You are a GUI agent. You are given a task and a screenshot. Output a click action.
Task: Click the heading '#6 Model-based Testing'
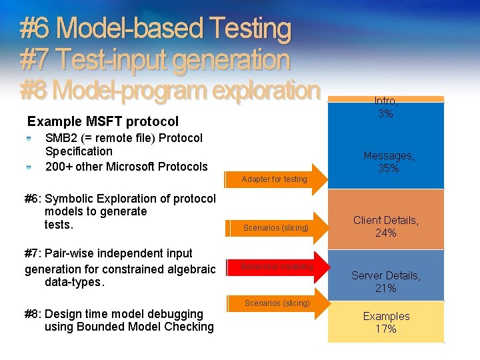[155, 29]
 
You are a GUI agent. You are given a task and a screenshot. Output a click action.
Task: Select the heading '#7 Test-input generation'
[155, 60]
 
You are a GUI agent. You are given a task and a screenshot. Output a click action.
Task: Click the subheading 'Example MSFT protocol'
[103, 121]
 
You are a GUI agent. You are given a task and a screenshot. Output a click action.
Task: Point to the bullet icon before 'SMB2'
[29, 139]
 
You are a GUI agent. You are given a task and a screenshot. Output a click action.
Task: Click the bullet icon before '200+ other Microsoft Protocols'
[29, 167]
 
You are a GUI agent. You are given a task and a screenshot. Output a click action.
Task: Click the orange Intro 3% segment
[386, 99]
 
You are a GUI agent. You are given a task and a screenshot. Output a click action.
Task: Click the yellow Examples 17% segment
[386, 322]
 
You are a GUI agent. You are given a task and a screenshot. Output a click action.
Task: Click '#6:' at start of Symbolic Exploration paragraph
[33, 198]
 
